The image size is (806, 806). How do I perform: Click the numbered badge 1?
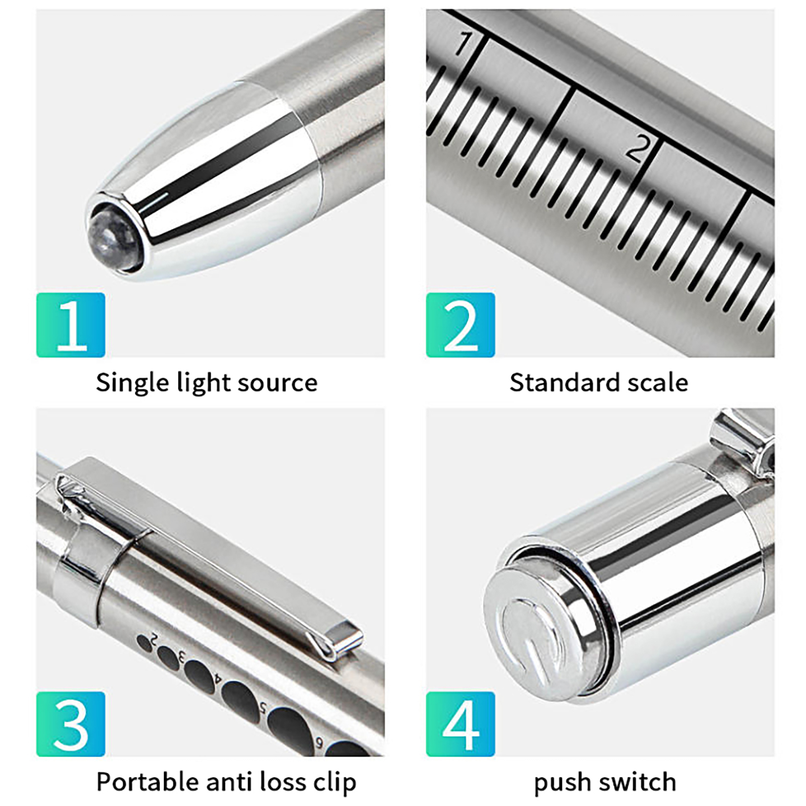pos(71,325)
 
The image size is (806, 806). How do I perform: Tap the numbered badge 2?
pos(460,325)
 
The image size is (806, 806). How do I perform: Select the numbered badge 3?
pos(71,724)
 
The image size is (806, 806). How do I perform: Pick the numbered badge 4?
pos(460,724)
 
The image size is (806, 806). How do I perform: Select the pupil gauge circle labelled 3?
pos(168,659)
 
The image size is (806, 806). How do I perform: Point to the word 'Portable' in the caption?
pos(147,782)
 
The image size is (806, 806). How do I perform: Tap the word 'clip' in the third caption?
pos(334,783)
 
